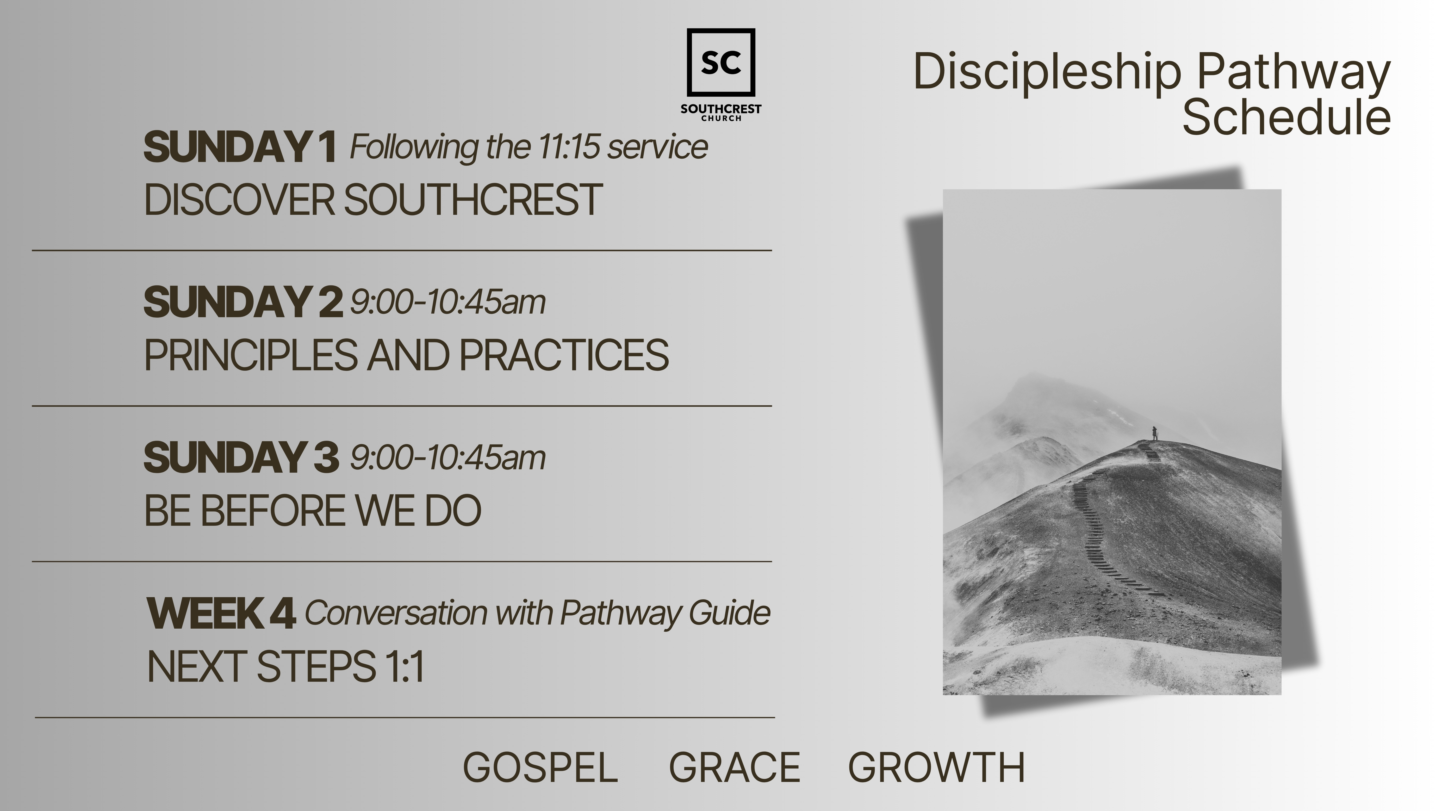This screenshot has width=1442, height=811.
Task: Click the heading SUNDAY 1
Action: coord(240,147)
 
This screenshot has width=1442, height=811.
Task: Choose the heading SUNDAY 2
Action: coord(242,302)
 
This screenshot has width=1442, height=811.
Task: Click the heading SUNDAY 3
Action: coord(241,457)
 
